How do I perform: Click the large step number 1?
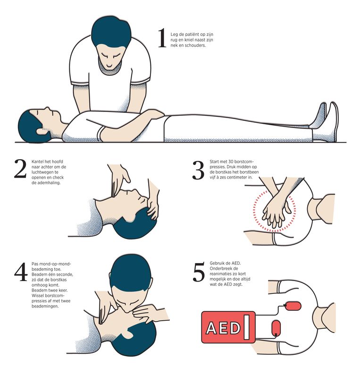(x=162, y=38)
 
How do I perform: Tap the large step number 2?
(x=20, y=169)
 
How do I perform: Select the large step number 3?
(x=198, y=170)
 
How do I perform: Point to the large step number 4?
(x=21, y=272)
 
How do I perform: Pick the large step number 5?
(x=199, y=272)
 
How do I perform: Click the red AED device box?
(x=228, y=327)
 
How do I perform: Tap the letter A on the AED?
(x=211, y=328)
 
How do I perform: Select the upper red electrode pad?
(x=293, y=306)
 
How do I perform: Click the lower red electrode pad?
(x=276, y=328)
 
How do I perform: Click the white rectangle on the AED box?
(x=246, y=327)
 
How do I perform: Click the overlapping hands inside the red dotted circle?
(x=275, y=212)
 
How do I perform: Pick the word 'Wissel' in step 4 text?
(x=37, y=295)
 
